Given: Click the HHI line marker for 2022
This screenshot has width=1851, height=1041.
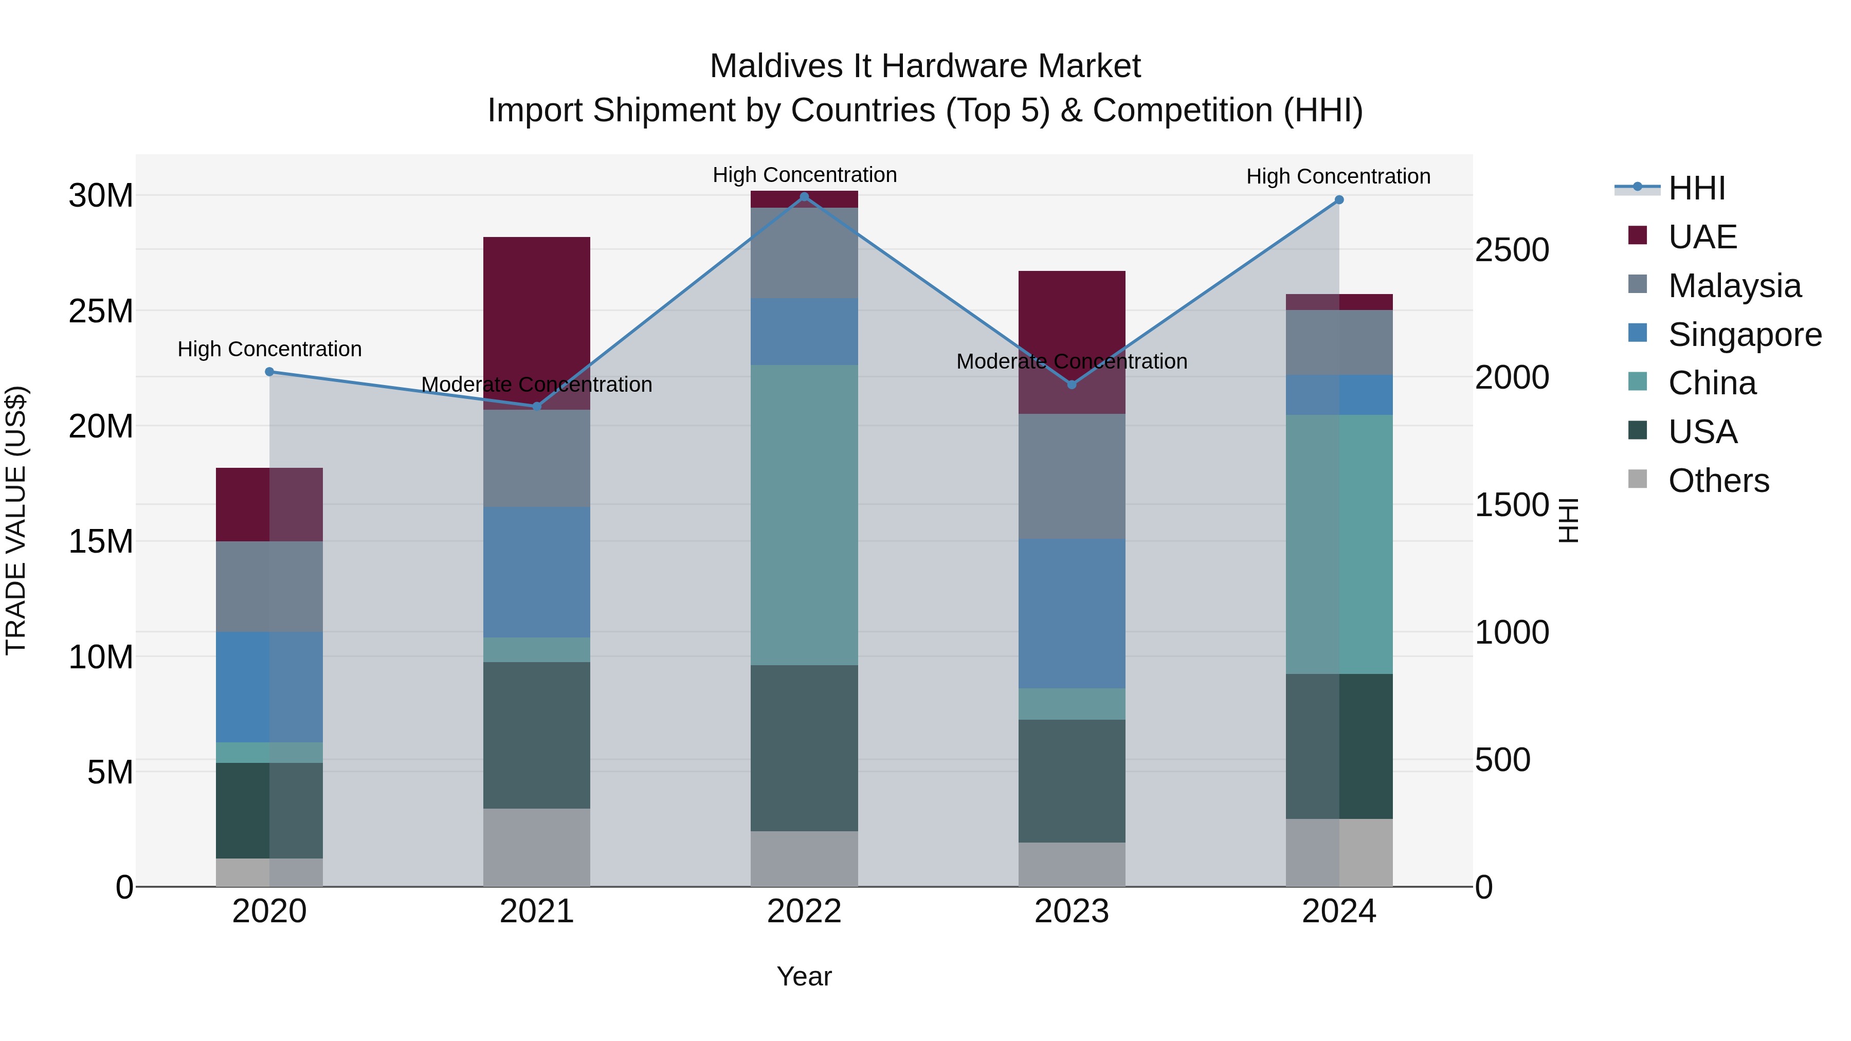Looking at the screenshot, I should pyautogui.click(x=804, y=197).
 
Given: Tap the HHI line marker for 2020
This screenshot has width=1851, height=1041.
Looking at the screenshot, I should pyautogui.click(x=269, y=372).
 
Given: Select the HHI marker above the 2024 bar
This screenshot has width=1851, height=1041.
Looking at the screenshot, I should pyautogui.click(x=1339, y=200).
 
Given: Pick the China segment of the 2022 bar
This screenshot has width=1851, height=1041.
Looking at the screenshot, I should pyautogui.click(x=804, y=515).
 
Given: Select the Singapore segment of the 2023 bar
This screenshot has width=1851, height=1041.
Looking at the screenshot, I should pyautogui.click(x=1072, y=613).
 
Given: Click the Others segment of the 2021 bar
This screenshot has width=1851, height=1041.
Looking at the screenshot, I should pyautogui.click(x=537, y=847).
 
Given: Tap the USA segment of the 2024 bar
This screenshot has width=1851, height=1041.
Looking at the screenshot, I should pyautogui.click(x=1339, y=746).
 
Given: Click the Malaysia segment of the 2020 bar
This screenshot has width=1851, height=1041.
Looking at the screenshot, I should pyautogui.click(x=269, y=586).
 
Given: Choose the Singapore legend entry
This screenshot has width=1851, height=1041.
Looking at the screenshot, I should pyautogui.click(x=1744, y=335).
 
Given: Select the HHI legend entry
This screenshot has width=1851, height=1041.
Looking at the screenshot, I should pyautogui.click(x=1696, y=188).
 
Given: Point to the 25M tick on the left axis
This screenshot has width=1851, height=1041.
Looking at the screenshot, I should pyautogui.click(x=101, y=311).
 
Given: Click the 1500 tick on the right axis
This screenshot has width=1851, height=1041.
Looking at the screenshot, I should pyautogui.click(x=1512, y=505).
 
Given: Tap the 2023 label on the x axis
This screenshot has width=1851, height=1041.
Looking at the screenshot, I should pyautogui.click(x=1072, y=911).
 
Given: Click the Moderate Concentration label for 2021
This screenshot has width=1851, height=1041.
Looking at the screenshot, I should pyautogui.click(x=537, y=385).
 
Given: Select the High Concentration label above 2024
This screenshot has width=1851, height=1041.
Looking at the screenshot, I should pyautogui.click(x=1338, y=176).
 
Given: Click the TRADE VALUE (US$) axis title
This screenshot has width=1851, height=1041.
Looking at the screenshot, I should pyautogui.click(x=16, y=520).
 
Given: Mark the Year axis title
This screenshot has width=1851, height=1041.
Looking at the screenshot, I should pyautogui.click(x=804, y=976).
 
